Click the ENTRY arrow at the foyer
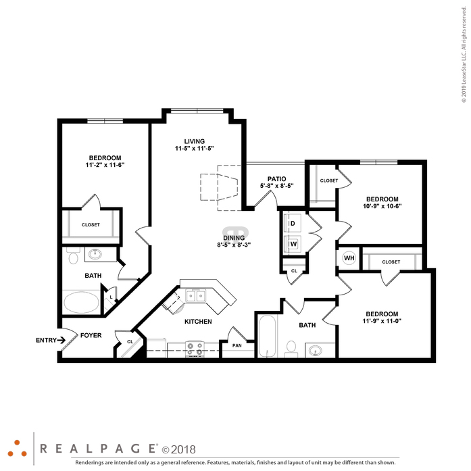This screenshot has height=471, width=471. (61, 340)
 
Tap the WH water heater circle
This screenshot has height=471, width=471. (349, 258)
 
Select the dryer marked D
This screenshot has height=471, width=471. (293, 224)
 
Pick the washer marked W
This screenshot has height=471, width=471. (293, 244)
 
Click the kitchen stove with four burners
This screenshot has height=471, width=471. (195, 349)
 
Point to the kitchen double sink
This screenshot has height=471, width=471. (195, 296)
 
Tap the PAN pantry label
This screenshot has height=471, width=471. (237, 345)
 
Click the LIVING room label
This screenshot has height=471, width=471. (195, 141)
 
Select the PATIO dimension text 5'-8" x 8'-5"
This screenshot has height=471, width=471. (276, 186)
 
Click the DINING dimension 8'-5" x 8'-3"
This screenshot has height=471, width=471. (234, 245)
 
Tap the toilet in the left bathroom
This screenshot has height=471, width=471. (73, 256)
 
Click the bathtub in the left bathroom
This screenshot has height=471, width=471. (81, 302)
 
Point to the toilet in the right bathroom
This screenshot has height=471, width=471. (291, 349)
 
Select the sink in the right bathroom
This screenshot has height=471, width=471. (315, 350)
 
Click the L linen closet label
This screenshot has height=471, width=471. (111, 297)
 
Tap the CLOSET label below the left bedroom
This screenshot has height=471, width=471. (91, 224)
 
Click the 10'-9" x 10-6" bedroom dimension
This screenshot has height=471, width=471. (382, 206)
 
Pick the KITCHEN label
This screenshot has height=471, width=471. (198, 322)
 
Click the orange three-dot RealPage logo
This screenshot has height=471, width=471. (17, 449)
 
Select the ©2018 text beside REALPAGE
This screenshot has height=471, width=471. (178, 449)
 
